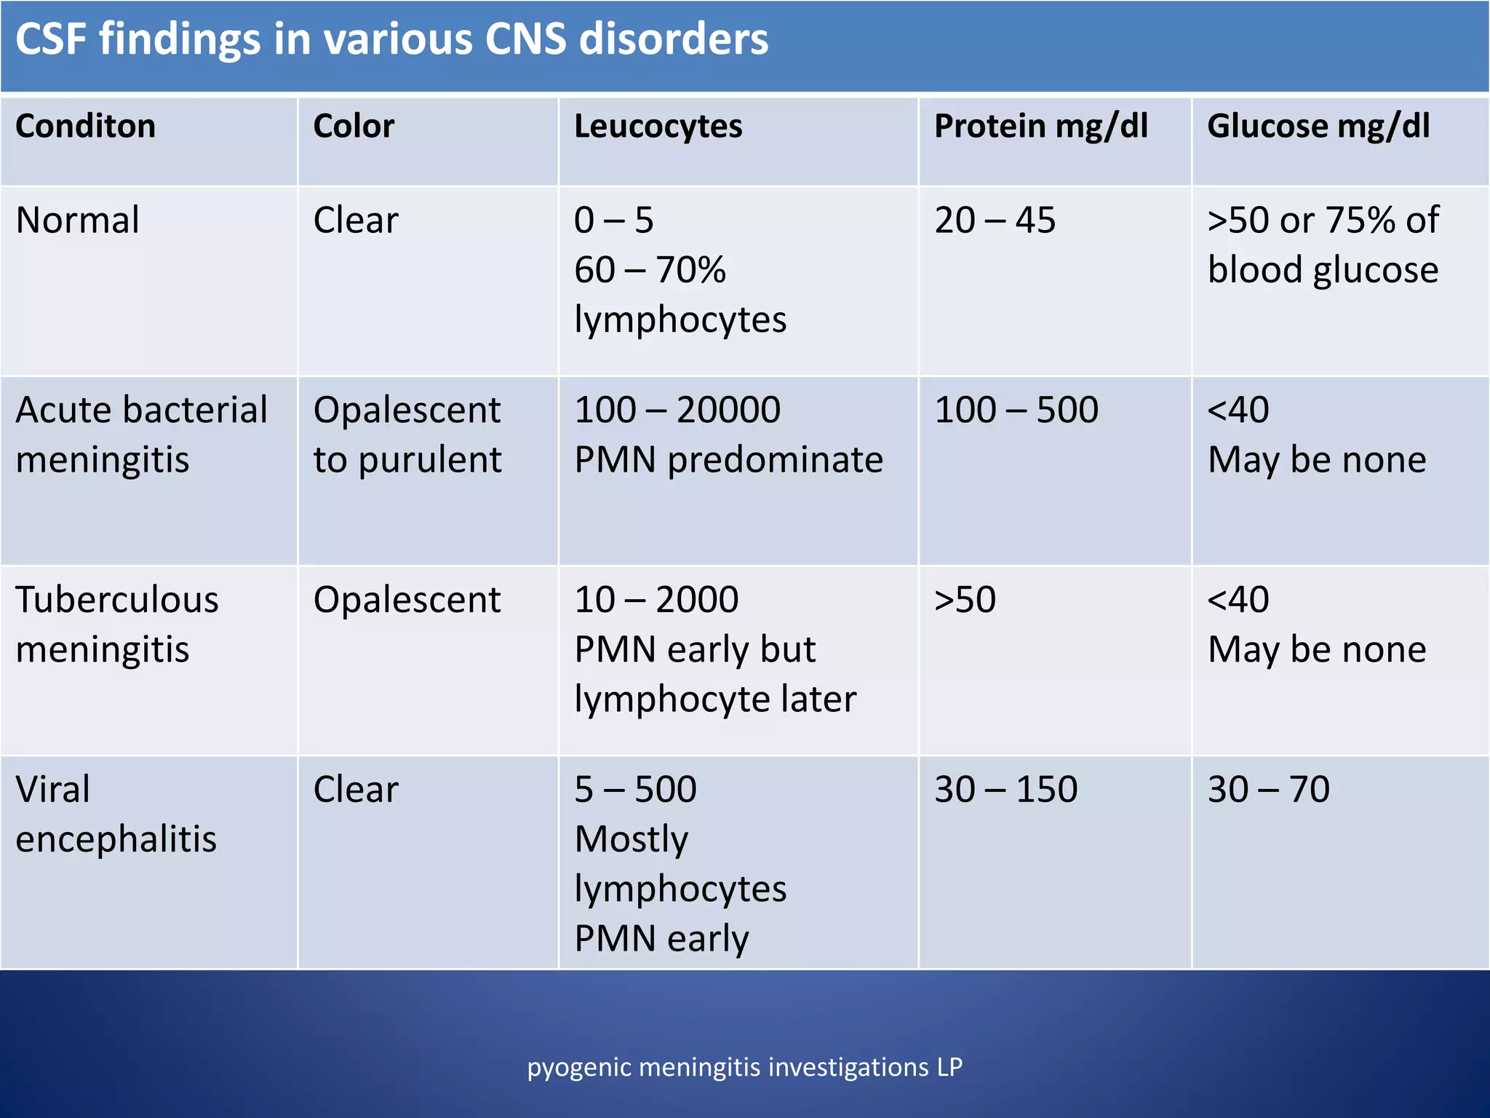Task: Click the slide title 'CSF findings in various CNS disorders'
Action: pyautogui.click(x=391, y=39)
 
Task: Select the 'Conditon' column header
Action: pyautogui.click(x=86, y=127)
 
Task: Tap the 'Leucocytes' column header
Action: pyautogui.click(x=658, y=127)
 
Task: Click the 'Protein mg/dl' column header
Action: pyautogui.click(x=1040, y=127)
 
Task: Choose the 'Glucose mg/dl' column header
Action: pyautogui.click(x=1318, y=127)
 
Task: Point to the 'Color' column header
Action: pyautogui.click(x=354, y=127)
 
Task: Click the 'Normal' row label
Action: pyautogui.click(x=77, y=221)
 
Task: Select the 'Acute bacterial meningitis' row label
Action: pyautogui.click(x=141, y=435)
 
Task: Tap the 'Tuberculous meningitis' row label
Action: pyautogui.click(x=116, y=625)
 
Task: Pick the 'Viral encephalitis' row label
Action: pyautogui.click(x=116, y=814)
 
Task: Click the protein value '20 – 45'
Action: pyautogui.click(x=995, y=221)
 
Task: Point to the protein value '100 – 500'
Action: pyautogui.click(x=1016, y=410)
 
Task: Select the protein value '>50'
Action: pyautogui.click(x=965, y=600)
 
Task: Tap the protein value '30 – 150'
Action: pyautogui.click(x=1005, y=790)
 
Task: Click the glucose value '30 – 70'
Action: pyautogui.click(x=1268, y=790)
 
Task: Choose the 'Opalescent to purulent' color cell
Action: pyautogui.click(x=407, y=435)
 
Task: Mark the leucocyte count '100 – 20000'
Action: pyautogui.click(x=677, y=410)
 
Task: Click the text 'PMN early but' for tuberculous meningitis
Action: pyautogui.click(x=695, y=649)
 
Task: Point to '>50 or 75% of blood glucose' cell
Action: pyautogui.click(x=1323, y=245)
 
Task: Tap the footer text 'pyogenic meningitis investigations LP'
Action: pyautogui.click(x=744, y=1067)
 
